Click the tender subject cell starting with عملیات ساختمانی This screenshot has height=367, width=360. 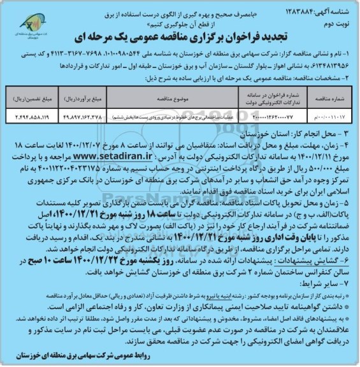pyautogui.click(x=185, y=117)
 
